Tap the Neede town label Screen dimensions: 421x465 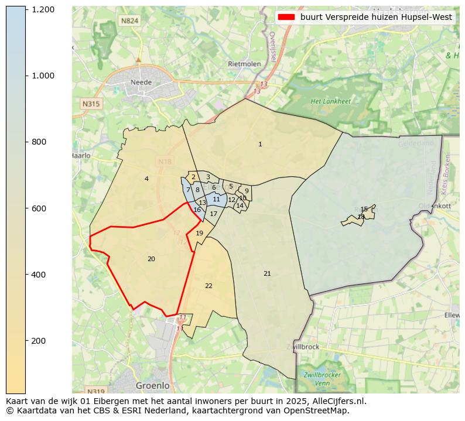[141, 83]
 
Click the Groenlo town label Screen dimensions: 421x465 [152, 386]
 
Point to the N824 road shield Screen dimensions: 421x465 [129, 21]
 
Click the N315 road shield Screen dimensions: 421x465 [91, 104]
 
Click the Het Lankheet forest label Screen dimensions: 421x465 [331, 101]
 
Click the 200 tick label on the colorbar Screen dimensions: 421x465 [43, 341]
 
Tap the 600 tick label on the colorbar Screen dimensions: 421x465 [43, 208]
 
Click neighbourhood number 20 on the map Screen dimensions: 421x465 [151, 259]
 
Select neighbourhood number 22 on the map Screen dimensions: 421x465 [208, 286]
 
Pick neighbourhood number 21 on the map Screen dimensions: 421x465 [267, 273]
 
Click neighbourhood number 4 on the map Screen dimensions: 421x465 [146, 179]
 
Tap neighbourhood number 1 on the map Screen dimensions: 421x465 [260, 144]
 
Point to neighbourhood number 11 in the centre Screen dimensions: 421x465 [217, 199]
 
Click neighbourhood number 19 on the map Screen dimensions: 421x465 [200, 233]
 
